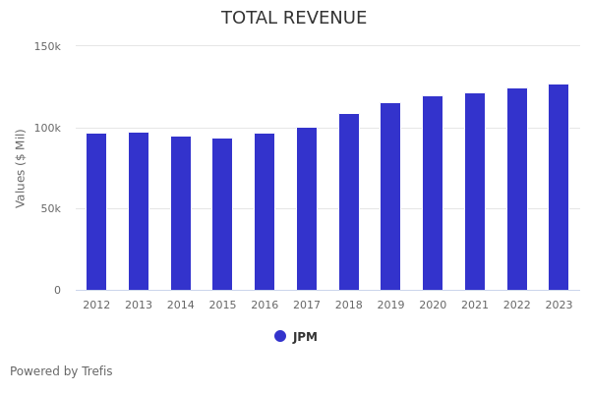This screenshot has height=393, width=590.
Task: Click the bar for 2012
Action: (96, 211)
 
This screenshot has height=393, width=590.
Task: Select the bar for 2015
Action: (222, 214)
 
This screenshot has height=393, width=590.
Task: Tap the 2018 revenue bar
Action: (349, 201)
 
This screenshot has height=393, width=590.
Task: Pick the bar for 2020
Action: (433, 193)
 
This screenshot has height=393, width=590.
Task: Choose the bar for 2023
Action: (559, 187)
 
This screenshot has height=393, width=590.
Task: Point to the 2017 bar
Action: (307, 208)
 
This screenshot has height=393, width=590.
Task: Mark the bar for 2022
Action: (517, 189)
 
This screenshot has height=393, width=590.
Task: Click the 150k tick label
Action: (47, 46)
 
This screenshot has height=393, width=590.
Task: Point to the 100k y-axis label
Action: (47, 128)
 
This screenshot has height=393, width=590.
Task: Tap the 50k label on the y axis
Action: (50, 208)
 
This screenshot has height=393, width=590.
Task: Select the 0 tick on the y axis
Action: (57, 290)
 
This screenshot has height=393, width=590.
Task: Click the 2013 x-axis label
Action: (139, 306)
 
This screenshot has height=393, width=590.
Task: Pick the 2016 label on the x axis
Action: (265, 306)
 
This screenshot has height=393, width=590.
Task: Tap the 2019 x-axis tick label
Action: (390, 306)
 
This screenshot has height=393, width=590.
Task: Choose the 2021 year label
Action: (475, 306)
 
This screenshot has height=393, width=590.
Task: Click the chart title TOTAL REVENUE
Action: (294, 19)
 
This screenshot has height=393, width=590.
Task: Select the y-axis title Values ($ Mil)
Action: (22, 168)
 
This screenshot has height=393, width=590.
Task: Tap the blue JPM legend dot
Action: (280, 336)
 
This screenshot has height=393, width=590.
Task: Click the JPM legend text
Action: (305, 337)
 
